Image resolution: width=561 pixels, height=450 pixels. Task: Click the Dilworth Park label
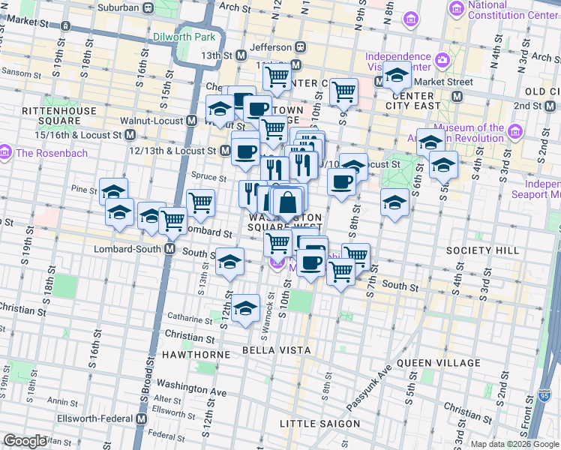[184, 36]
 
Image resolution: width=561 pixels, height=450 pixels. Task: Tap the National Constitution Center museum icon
[455, 10]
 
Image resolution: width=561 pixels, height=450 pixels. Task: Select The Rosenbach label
[47, 153]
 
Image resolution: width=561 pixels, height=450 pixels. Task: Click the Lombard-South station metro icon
[170, 249]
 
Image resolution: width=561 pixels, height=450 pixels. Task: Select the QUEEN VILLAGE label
[438, 363]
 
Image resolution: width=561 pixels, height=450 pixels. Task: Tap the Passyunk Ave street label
[370, 388]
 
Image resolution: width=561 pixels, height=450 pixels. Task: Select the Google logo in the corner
[25, 441]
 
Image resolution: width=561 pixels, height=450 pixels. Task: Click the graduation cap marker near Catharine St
[244, 308]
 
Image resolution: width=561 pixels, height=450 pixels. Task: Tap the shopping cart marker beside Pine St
[200, 202]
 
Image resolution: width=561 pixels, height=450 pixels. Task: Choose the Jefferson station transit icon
[300, 47]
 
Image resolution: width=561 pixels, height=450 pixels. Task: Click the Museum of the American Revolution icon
[514, 133]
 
